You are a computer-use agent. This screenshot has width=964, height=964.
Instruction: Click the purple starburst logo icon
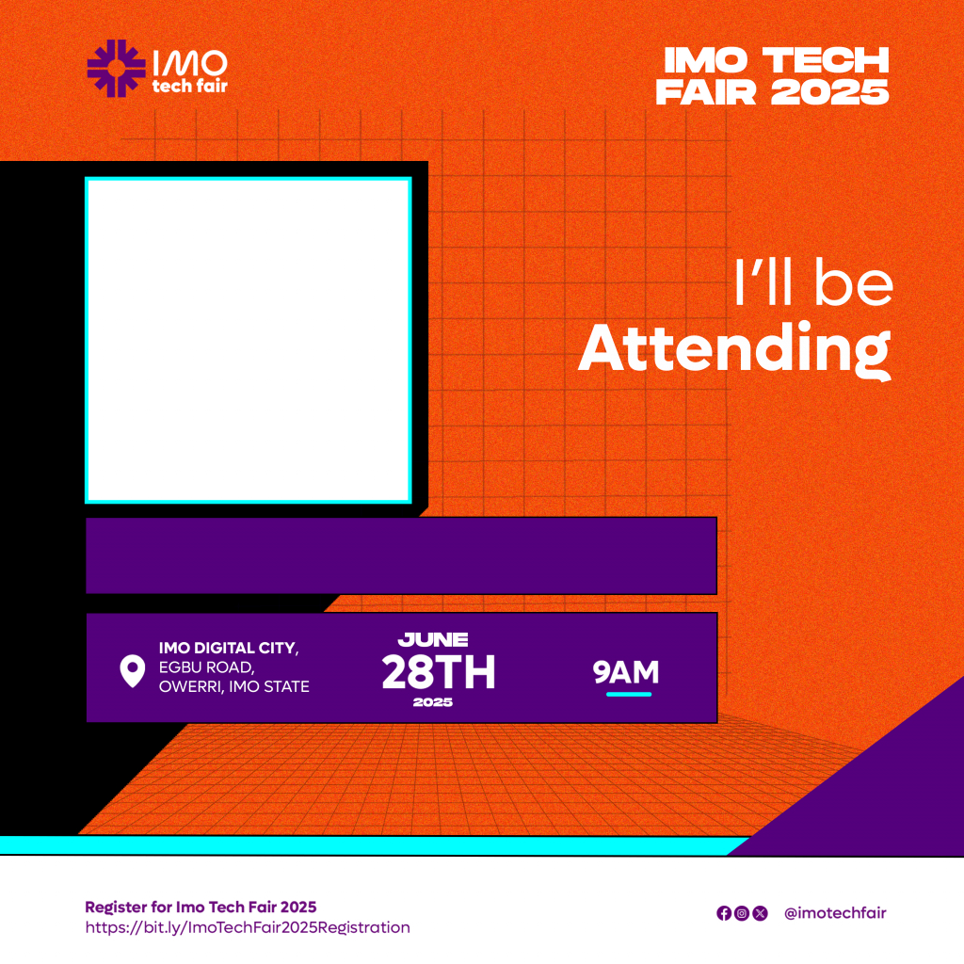(x=116, y=68)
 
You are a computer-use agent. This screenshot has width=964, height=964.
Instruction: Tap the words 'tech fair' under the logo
(x=190, y=86)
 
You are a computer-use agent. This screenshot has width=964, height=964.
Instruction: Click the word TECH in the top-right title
(x=826, y=60)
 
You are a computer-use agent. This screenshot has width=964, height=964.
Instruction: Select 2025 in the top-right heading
(x=830, y=92)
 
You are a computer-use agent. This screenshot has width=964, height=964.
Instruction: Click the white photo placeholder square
(x=249, y=340)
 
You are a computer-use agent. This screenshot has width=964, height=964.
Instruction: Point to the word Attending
(x=734, y=349)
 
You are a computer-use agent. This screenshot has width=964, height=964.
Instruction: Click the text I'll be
(x=813, y=281)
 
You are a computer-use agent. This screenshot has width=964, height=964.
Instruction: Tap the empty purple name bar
(x=401, y=555)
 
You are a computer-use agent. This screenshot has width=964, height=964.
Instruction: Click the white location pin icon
(x=132, y=670)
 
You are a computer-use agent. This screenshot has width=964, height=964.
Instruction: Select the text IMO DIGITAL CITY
(x=228, y=648)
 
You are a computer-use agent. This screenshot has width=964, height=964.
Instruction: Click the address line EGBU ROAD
(x=206, y=667)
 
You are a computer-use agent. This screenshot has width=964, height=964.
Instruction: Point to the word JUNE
(x=433, y=640)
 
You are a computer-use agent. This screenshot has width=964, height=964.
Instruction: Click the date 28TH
(x=439, y=672)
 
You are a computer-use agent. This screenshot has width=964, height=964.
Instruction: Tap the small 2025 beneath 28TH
(x=433, y=702)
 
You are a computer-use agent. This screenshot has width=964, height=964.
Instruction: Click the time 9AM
(x=626, y=672)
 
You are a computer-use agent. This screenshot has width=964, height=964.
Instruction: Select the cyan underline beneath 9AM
(x=628, y=694)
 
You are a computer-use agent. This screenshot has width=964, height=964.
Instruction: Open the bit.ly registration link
(x=248, y=927)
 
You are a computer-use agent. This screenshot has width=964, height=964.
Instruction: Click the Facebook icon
(x=724, y=913)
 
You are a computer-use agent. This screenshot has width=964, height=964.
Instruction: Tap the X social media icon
(x=761, y=913)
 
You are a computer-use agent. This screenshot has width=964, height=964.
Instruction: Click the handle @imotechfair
(x=836, y=913)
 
